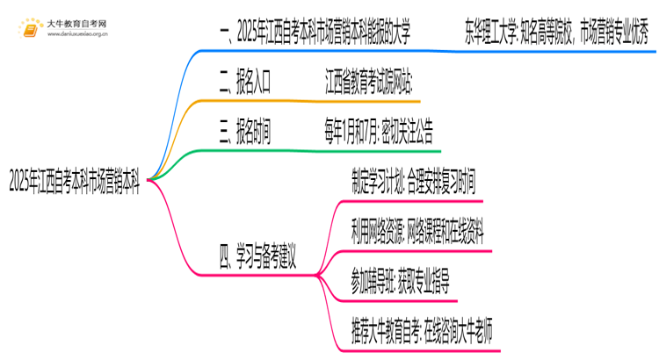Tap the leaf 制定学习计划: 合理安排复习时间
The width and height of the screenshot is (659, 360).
412,184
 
